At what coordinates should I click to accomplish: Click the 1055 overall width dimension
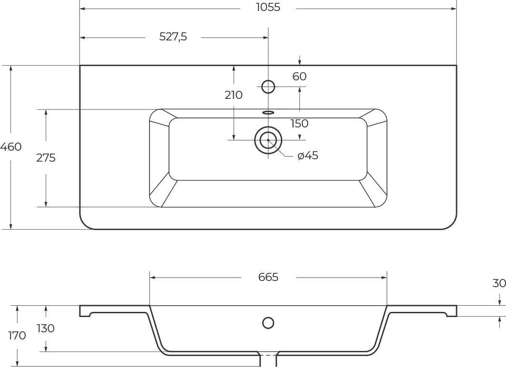pos(268,7)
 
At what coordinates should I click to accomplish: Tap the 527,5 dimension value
pos(173,37)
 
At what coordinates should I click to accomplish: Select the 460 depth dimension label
pos(10,147)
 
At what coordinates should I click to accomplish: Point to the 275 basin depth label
pos(46,158)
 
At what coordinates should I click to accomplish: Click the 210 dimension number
pos(234,95)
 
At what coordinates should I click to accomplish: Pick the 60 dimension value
pos(299,77)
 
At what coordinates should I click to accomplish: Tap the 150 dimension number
pos(299,124)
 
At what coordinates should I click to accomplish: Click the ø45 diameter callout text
pos(308,155)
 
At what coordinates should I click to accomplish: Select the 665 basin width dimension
pos(268,277)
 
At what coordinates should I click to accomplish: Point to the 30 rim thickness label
pos(499,283)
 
